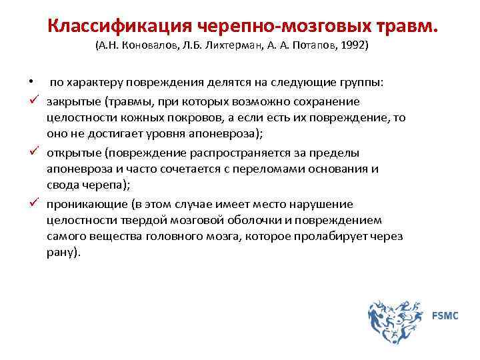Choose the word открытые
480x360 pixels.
point(73,153)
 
